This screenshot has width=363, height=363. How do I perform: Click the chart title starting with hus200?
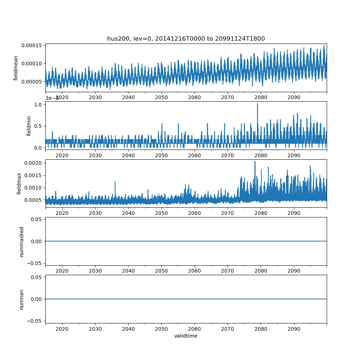pos(186,38)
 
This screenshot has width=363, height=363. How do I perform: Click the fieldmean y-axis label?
pos(16,68)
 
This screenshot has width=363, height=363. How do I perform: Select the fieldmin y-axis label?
pos(29,126)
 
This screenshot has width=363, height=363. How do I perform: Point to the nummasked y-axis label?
pos(21,241)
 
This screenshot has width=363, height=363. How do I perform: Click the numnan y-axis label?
pos(21,299)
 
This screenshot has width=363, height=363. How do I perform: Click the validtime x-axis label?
pos(186,336)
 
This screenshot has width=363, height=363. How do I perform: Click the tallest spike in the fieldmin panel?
pos(257,104)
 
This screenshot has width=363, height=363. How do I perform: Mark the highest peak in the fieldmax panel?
pos(255,162)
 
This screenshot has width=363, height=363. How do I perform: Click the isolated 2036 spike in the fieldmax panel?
pos(115,182)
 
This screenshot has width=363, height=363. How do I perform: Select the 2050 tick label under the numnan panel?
pos(162,329)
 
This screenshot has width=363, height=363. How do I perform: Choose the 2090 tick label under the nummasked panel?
pos(294,271)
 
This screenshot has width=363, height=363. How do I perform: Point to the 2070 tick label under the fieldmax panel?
pos(228,213)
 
